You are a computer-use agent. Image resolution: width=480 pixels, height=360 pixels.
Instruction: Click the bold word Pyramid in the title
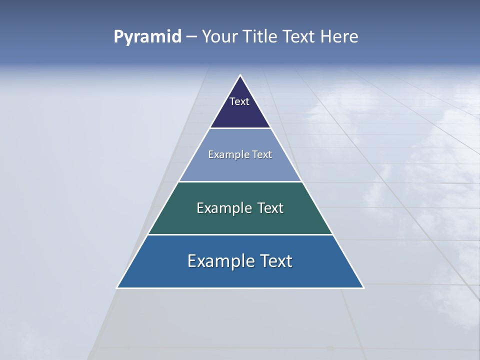click(x=147, y=37)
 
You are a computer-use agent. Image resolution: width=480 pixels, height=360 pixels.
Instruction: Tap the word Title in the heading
click(x=260, y=37)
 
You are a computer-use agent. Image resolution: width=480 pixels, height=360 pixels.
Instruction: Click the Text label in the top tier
click(x=239, y=101)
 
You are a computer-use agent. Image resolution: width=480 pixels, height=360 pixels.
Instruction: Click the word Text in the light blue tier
click(x=261, y=155)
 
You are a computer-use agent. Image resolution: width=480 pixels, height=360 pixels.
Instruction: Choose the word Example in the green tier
click(x=221, y=208)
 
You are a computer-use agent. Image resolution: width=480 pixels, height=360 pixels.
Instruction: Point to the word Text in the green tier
click(x=270, y=208)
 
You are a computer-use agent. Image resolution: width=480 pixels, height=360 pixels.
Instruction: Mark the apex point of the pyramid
click(x=240, y=75)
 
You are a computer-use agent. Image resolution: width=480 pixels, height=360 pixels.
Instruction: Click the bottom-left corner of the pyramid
click(x=117, y=287)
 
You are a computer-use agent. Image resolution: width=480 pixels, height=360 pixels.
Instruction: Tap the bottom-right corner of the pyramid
click(x=363, y=287)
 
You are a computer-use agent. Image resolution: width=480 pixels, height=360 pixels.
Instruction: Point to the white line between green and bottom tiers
click(x=240, y=234)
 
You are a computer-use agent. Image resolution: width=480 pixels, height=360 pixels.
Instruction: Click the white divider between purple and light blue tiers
click(x=240, y=128)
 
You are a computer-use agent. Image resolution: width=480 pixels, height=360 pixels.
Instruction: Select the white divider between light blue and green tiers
click(x=240, y=181)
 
